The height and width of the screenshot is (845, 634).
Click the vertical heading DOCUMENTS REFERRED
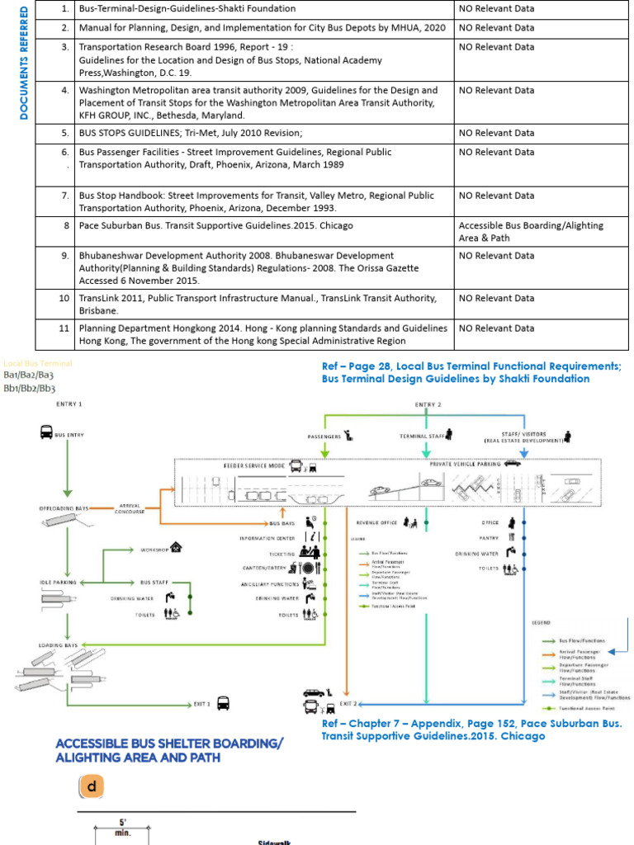pyautogui.click(x=24, y=63)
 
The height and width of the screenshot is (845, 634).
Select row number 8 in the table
pyautogui.click(x=64, y=225)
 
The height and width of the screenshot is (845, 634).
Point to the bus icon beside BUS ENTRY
pyautogui.click(x=45, y=433)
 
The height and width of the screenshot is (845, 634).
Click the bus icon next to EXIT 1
pyautogui.click(x=223, y=704)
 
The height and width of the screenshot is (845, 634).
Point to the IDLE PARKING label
pyautogui.click(x=57, y=582)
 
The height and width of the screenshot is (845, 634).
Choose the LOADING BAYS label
pyautogui.click(x=58, y=644)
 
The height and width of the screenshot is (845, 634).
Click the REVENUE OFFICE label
pyautogui.click(x=376, y=522)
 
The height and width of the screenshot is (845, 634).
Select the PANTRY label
pyautogui.click(x=488, y=537)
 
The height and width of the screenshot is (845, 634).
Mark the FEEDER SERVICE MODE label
pyautogui.click(x=253, y=465)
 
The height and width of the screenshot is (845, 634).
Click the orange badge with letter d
pyautogui.click(x=92, y=786)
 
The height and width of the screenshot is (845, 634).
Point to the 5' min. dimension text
pyautogui.click(x=122, y=827)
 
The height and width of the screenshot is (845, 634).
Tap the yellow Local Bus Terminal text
pyautogui.click(x=38, y=363)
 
